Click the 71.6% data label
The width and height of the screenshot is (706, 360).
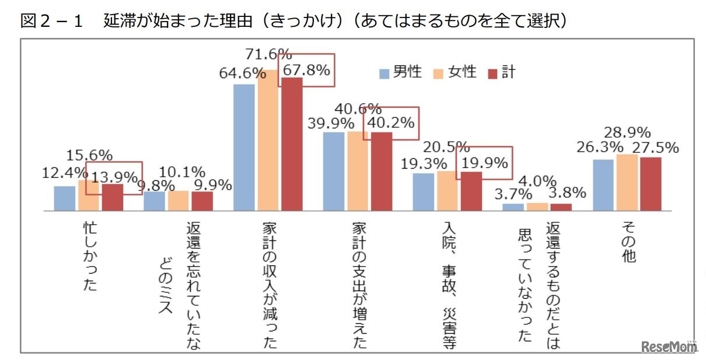(x=268, y=55)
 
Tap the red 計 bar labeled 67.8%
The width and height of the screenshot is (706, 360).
(x=292, y=144)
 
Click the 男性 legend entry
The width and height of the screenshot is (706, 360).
(x=401, y=72)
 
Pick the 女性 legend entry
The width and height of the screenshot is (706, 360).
(x=455, y=72)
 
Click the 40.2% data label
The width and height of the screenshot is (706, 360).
(x=391, y=123)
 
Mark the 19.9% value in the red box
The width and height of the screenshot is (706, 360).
(x=484, y=163)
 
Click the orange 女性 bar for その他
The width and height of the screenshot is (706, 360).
(x=627, y=182)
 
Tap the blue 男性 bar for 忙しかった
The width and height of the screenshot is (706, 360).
(x=65, y=198)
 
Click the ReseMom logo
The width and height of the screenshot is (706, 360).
(x=669, y=346)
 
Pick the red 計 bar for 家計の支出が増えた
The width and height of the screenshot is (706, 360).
(x=382, y=171)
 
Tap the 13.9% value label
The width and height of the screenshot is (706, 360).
(x=114, y=176)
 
